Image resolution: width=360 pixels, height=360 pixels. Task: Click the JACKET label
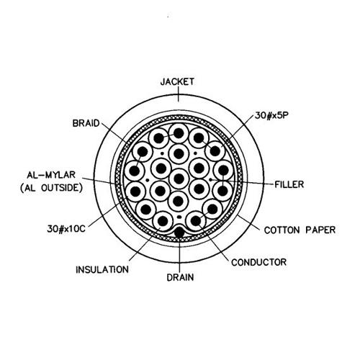(177, 81)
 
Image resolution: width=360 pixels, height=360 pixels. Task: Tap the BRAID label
(86, 123)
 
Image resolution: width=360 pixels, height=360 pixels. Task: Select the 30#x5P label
(271, 115)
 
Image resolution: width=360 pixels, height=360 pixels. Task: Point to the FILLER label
(289, 184)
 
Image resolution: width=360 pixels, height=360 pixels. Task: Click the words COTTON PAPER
(300, 230)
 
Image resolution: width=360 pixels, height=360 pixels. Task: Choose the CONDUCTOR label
(259, 262)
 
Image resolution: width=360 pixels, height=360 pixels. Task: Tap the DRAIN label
(180, 277)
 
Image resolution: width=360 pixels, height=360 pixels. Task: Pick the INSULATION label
(102, 269)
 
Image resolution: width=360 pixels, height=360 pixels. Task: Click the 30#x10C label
(66, 229)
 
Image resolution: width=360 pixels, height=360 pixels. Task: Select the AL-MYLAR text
(51, 175)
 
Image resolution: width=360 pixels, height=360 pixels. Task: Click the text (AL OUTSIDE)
(51, 188)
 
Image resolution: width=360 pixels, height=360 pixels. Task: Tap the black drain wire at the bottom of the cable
(179, 232)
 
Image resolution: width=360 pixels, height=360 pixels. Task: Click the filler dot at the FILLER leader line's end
(210, 179)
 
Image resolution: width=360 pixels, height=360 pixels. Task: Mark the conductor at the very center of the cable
(179, 179)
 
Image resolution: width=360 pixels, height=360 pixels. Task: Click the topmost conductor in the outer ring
(179, 133)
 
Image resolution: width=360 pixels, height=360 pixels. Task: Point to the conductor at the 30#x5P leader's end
(215, 151)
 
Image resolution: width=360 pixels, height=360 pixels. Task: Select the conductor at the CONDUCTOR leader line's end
(196, 220)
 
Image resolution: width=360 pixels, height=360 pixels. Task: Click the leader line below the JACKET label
(179, 94)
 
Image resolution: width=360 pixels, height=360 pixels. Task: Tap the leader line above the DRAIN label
(179, 255)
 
